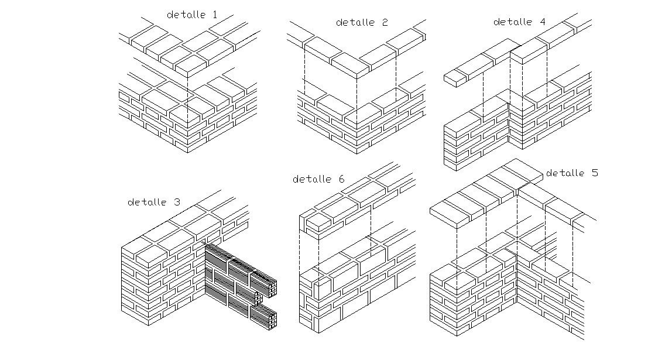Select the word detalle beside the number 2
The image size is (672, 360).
355,22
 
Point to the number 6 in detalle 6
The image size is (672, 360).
341,179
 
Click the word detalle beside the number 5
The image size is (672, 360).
565,173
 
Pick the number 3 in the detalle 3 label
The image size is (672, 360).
177,203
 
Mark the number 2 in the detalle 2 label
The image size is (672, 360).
384,22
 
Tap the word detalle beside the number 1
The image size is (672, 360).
187,15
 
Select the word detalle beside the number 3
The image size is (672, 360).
147,203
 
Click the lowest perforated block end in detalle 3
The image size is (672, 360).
272,319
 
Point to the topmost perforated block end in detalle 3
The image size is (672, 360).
273,287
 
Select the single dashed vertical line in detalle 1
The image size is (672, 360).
187,100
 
